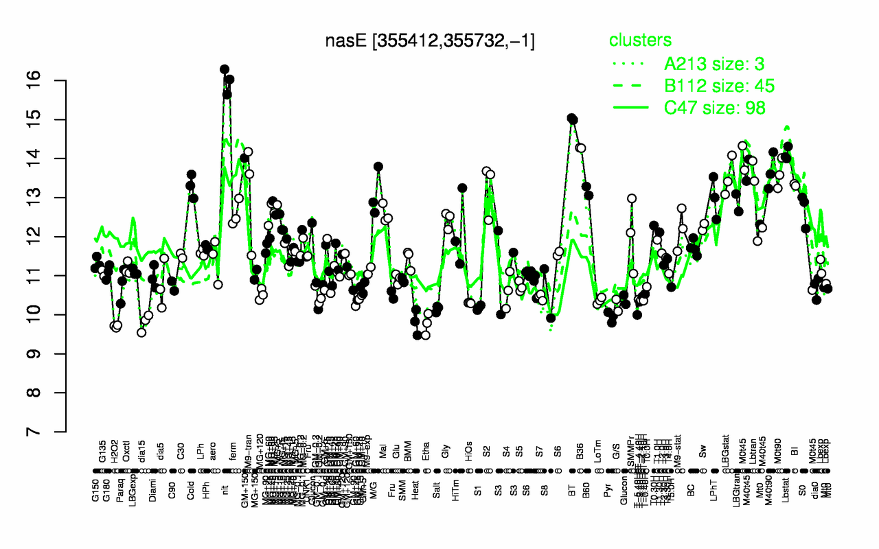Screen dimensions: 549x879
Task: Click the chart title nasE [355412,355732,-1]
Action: tap(430, 41)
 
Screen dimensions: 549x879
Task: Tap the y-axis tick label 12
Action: tap(52, 237)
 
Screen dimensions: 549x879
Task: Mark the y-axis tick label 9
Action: tap(52, 353)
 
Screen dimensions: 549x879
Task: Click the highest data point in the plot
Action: tap(224, 69)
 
